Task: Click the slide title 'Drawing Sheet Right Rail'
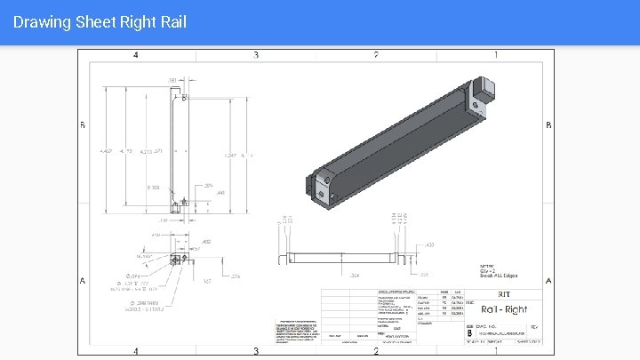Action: pos(100,21)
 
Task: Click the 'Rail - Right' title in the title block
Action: pos(503,309)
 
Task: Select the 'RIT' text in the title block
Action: pos(503,293)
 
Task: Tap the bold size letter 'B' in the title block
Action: pos(469,333)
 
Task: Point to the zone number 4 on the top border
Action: pos(135,55)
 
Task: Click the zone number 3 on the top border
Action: pos(256,55)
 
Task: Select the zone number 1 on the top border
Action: pos(496,55)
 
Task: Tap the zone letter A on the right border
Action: pos(548,281)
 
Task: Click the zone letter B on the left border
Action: pos(83,125)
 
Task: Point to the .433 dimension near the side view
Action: pos(429,244)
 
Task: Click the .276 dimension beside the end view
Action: pos(236,276)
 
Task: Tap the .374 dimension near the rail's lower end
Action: pos(208,185)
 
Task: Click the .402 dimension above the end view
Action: pos(206,241)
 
